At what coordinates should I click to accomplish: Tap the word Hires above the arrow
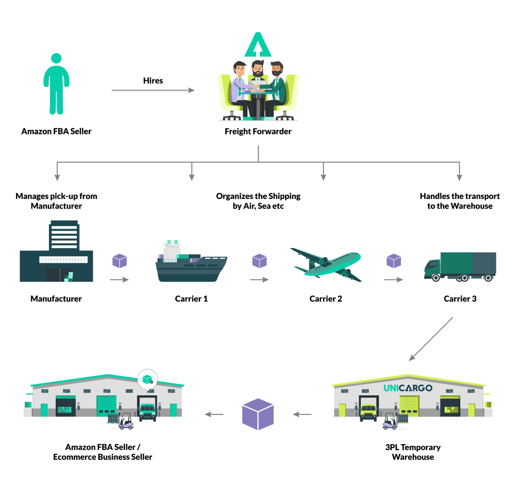pos(153,80)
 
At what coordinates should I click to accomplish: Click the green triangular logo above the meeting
pos(258,46)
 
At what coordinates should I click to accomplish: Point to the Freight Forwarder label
pos(258,132)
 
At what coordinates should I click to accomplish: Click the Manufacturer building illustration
pos(56,251)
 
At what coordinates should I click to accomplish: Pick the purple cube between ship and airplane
pos(259,261)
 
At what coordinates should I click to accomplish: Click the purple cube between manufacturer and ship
pos(119,261)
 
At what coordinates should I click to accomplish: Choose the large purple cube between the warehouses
pos(258,414)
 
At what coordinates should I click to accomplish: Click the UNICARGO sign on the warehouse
pos(408,388)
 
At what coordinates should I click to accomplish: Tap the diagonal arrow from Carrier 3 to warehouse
pos(431,338)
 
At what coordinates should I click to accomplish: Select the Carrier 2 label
pos(326,299)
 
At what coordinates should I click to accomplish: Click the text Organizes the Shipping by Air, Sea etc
pos(258,201)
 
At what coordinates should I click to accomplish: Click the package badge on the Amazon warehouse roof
pos(147,378)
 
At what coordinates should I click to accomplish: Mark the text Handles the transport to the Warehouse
pos(460,201)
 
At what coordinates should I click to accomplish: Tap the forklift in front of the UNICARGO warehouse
pos(389,421)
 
